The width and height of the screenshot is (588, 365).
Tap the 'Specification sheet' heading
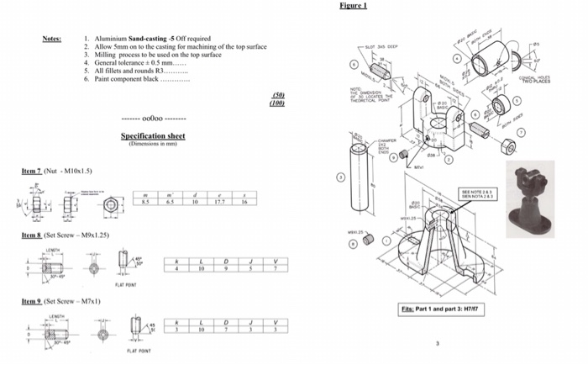click(153, 135)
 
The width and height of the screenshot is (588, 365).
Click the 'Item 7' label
click(32, 171)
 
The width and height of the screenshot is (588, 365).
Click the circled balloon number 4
click(456, 60)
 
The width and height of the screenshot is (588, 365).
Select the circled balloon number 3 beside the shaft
click(341, 177)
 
